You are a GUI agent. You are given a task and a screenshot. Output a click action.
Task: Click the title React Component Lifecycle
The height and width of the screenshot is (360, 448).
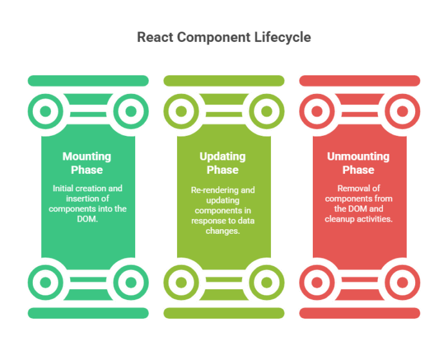point(224,37)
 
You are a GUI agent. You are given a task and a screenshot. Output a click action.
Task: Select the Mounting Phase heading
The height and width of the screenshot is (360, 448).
point(87,163)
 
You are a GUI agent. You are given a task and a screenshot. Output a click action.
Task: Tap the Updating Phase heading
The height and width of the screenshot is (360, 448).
point(223,163)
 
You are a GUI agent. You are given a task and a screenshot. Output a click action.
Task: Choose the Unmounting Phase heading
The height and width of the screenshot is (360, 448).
point(359,163)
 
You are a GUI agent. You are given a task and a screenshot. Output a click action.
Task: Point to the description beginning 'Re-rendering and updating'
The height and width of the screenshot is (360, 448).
point(223,210)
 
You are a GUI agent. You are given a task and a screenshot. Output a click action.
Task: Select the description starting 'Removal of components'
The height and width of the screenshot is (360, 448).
point(359,204)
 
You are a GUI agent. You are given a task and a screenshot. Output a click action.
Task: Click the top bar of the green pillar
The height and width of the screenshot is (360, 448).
point(88,81)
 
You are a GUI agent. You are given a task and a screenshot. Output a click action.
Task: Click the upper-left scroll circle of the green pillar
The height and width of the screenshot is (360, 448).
point(45,111)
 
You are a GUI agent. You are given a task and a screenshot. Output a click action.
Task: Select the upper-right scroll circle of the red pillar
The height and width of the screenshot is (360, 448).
point(402,111)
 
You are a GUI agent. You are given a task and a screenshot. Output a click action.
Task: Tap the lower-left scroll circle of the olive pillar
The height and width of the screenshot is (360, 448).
point(181,282)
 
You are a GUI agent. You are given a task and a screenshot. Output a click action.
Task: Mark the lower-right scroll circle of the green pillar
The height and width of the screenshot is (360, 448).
point(131,282)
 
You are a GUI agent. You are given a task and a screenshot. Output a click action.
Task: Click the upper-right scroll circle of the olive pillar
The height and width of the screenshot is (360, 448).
point(266,111)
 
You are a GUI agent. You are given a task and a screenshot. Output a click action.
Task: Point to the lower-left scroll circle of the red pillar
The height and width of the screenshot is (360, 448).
point(317,282)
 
